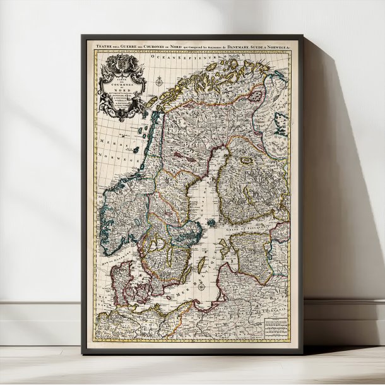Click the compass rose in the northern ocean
[159, 80]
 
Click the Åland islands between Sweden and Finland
[212, 222]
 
